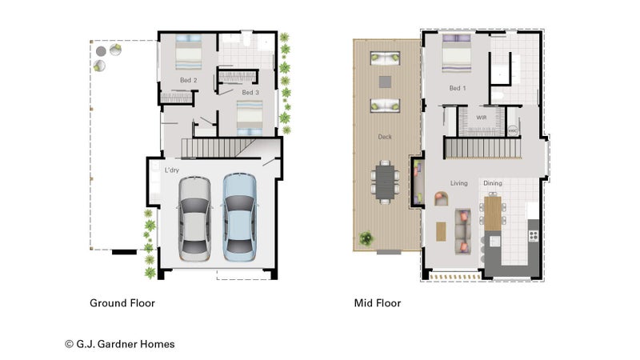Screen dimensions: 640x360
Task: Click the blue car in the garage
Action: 239,218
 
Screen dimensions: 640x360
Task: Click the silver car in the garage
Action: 194,218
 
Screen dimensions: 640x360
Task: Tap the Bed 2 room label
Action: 189,80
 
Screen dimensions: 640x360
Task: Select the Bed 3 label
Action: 250,92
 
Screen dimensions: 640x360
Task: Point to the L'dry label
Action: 172,170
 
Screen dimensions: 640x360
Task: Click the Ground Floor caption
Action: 122,303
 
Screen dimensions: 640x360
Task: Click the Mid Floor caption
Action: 378,303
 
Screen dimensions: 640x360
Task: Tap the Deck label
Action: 385,137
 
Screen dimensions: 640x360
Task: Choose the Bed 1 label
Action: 457,88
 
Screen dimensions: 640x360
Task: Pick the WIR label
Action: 482,118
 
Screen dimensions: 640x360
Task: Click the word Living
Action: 458,183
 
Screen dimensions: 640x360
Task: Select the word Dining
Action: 493,183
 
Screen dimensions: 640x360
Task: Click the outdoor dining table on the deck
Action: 385,182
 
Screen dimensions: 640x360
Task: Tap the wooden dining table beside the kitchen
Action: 493,213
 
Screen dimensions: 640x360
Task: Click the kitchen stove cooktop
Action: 534,235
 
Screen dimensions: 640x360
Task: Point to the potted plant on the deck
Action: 366,238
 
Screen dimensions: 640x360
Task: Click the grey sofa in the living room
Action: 463,231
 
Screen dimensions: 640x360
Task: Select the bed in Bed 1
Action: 457,53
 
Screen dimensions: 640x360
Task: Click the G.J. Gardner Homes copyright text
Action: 119,344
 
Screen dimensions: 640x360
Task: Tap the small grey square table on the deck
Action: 385,82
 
